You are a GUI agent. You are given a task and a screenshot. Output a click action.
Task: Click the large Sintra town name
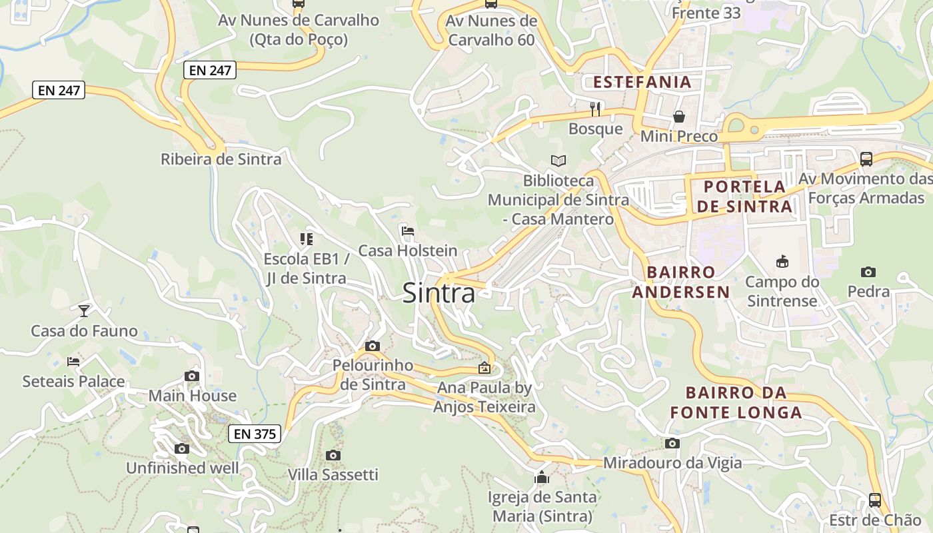(x=439, y=293)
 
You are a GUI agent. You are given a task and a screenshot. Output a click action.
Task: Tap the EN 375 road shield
(x=255, y=434)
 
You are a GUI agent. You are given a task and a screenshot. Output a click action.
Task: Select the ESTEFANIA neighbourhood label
(x=642, y=82)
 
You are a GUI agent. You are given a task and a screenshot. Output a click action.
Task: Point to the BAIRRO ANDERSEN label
(x=681, y=282)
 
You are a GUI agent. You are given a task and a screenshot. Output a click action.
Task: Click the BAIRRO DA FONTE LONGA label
(x=736, y=402)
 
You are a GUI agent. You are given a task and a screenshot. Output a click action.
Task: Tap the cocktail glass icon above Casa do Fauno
(x=84, y=310)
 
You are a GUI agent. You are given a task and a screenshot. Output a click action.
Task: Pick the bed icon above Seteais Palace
(x=73, y=362)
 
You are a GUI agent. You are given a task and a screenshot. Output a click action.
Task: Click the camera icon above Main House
(x=192, y=376)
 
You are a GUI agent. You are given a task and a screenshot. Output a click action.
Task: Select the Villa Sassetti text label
(x=333, y=474)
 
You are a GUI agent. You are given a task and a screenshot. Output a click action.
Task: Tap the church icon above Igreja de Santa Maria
(x=541, y=477)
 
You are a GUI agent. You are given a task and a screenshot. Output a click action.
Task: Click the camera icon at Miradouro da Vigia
(x=672, y=443)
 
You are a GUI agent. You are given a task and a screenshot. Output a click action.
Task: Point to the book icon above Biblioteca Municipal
(x=558, y=161)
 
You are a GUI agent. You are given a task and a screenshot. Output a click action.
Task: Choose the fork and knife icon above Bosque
(x=595, y=108)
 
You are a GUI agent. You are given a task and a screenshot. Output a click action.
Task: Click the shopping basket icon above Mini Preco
(x=678, y=117)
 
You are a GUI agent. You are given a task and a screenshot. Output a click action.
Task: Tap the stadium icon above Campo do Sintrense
(x=782, y=262)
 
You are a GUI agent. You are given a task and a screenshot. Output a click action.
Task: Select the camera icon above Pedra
(x=868, y=272)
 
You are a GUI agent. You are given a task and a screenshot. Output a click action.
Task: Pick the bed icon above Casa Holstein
(x=408, y=231)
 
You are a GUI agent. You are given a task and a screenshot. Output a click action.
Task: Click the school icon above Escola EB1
(x=306, y=239)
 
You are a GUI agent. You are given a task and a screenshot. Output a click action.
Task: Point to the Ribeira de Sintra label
(x=221, y=159)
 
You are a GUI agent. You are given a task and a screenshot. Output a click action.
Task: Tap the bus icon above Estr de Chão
(x=874, y=500)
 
